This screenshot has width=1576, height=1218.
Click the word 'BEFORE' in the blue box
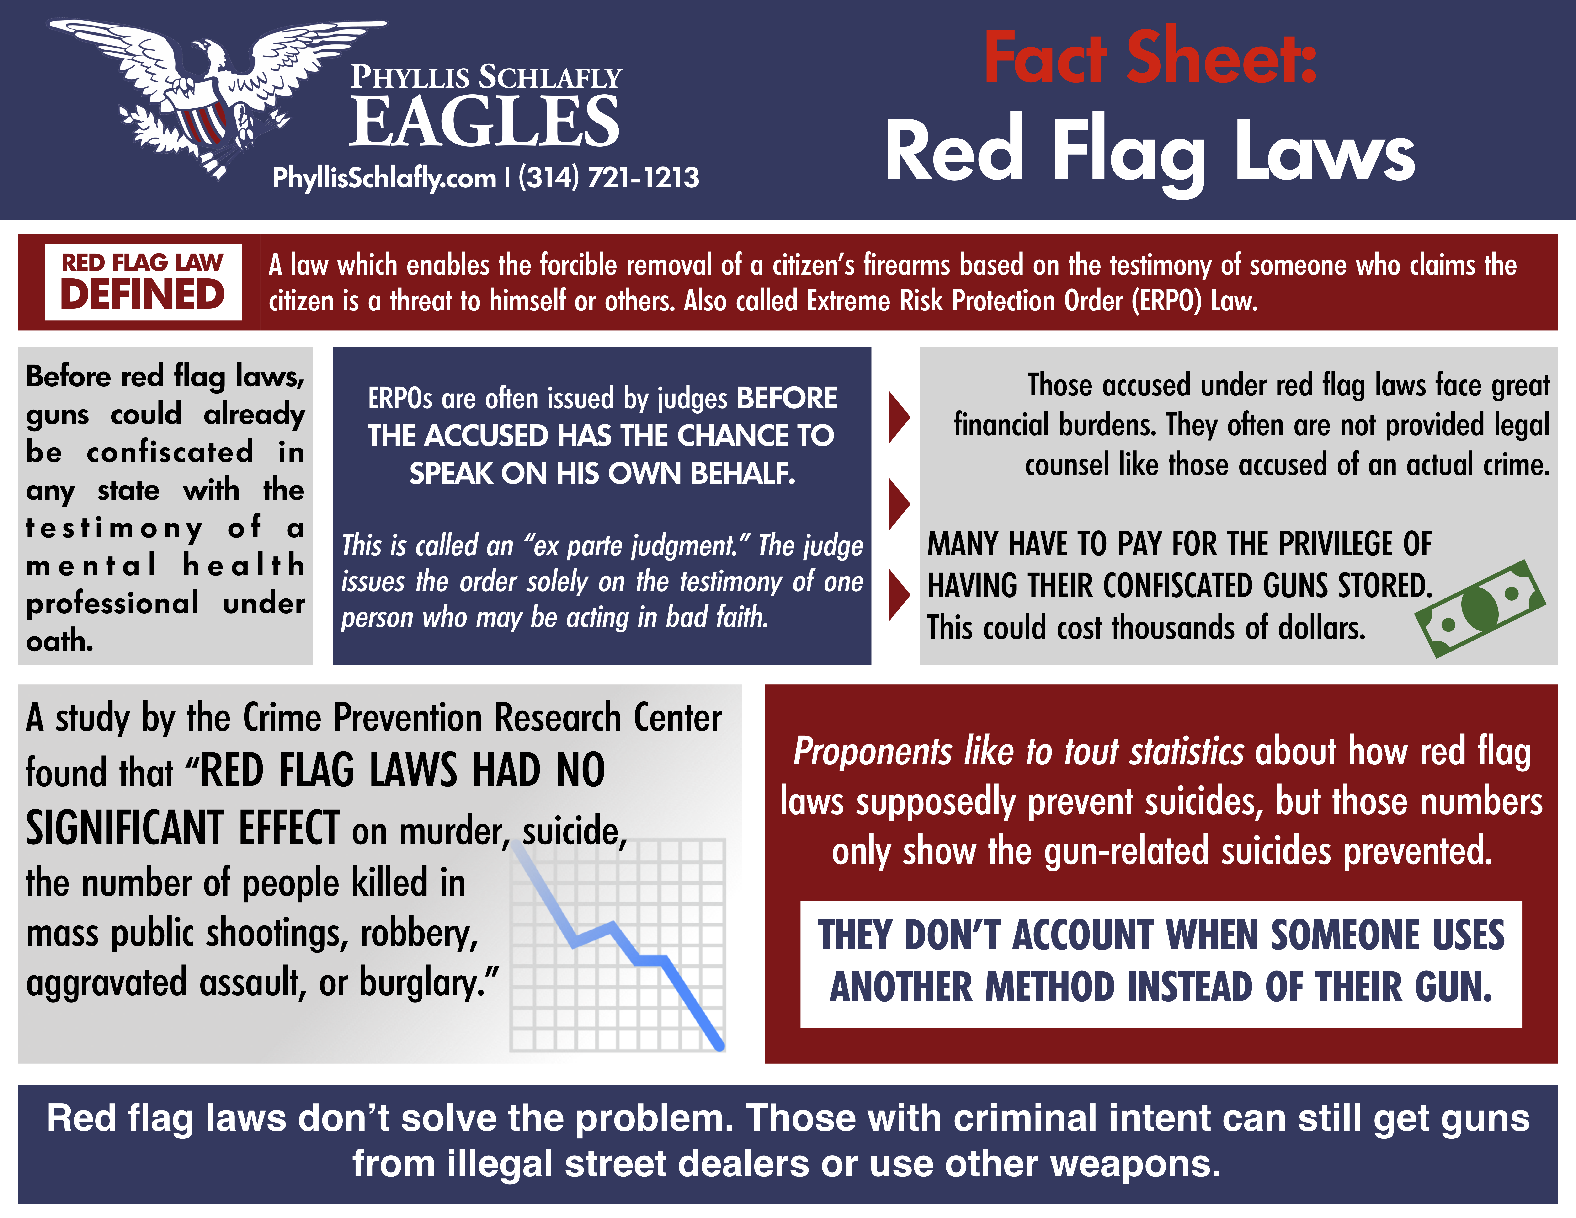click(x=787, y=398)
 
